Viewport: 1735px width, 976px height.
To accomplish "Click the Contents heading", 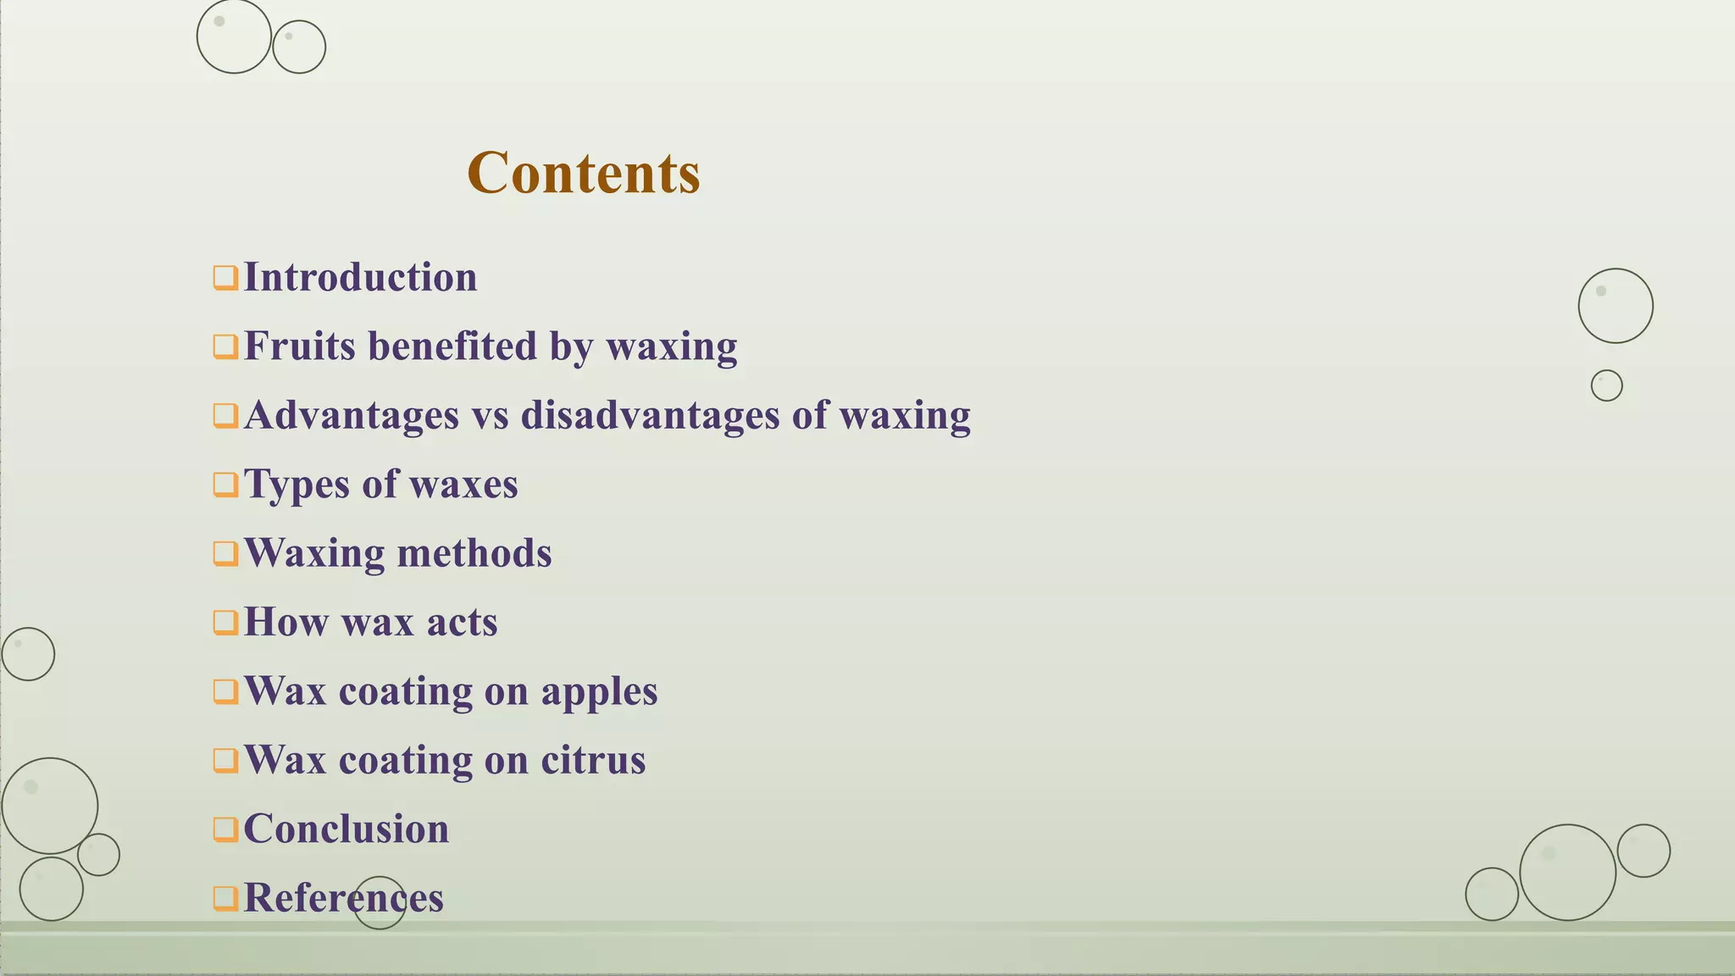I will coord(584,173).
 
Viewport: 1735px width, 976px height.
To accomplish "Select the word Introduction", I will coord(360,277).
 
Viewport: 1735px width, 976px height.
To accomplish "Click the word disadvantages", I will coord(650,415).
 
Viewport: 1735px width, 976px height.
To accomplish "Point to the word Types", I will coord(297,485).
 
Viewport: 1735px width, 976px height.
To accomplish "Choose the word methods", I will coord(474,553).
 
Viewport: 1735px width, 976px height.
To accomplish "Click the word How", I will coord(285,622).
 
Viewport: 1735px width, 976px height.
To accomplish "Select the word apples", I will coord(599,691).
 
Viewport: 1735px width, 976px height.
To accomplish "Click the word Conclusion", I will coord(346,829).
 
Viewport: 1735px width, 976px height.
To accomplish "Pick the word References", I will coord(343,898).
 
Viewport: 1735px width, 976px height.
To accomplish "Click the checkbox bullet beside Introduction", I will coord(224,278).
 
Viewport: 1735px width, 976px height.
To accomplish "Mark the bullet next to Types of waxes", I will coord(224,485).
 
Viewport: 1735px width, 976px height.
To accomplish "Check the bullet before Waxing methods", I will coord(224,553).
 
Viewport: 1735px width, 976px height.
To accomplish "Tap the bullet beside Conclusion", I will coord(224,829).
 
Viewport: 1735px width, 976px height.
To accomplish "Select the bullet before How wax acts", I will coord(224,623).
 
